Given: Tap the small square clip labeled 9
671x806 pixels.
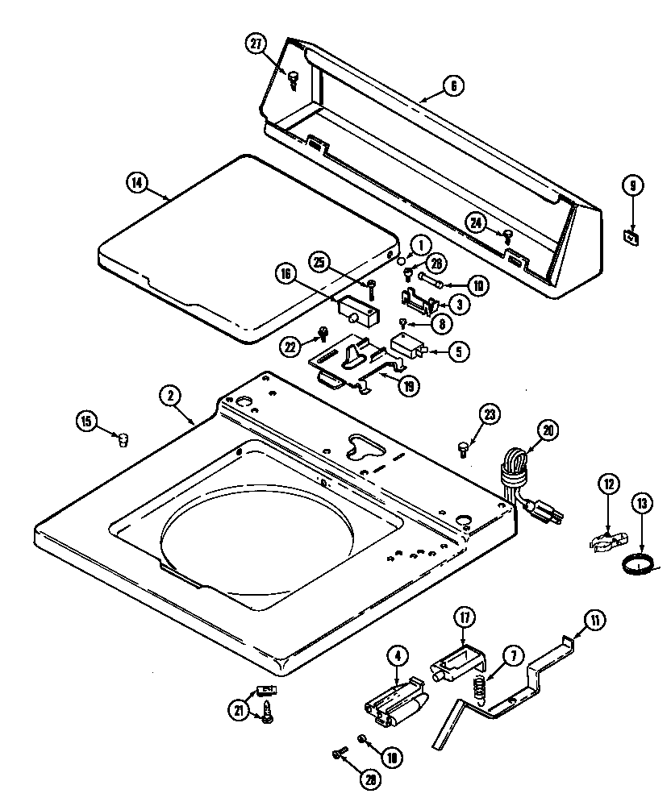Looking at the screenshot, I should pyautogui.click(x=631, y=236).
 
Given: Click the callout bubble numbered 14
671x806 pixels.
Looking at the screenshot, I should pyautogui.click(x=138, y=182).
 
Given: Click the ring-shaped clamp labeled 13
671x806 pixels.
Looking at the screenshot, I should pyautogui.click(x=638, y=565).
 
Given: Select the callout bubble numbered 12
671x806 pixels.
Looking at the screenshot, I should pyautogui.click(x=610, y=484).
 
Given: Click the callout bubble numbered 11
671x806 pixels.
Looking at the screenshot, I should pyautogui.click(x=594, y=620).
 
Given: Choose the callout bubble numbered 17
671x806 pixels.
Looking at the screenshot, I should pyautogui.click(x=465, y=619).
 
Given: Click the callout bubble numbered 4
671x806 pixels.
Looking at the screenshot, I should pyautogui.click(x=397, y=656).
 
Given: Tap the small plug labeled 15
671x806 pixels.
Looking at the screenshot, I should pyautogui.click(x=123, y=439).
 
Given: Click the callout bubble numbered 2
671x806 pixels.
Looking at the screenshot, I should pyautogui.click(x=169, y=395).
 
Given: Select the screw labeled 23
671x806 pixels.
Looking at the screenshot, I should pyautogui.click(x=464, y=447).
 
